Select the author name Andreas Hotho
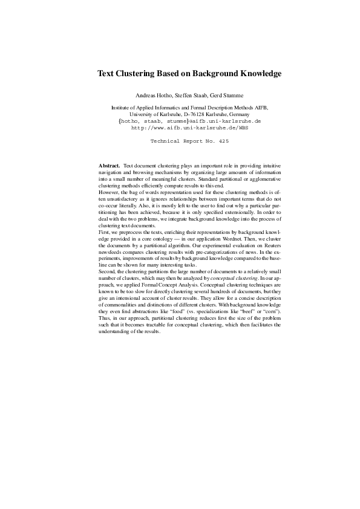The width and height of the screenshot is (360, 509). (155, 96)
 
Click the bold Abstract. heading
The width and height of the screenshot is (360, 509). (109, 165)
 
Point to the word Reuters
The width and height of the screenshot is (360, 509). (269, 261)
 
